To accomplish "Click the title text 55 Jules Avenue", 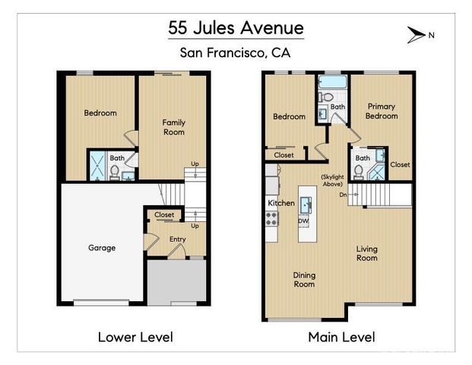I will coord(236,29).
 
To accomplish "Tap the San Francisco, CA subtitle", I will coord(236,53).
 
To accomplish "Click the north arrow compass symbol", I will coord(417,33).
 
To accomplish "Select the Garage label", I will coord(102,248).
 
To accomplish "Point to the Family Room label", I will coord(174,127).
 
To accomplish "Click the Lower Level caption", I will coord(135,336).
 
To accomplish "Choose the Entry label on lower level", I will coord(177,240).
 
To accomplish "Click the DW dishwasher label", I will coord(303,221).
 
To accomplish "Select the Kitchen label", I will coord(280,203).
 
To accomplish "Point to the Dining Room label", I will coord(304,279).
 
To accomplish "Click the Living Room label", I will coord(367,253).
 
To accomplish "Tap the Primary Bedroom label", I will coord(382,111).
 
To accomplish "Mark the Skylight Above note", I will coord(332,181).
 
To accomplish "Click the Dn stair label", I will coord(344,195).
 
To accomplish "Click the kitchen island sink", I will coord(305,204).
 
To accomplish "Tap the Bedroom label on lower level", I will coord(100,113).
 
